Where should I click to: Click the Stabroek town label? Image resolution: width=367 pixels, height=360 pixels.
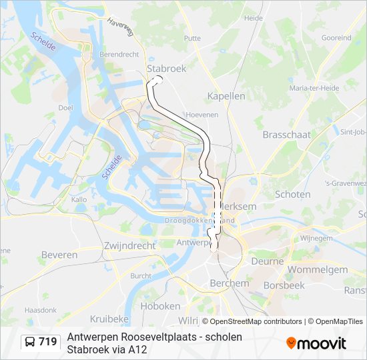pos(166,68)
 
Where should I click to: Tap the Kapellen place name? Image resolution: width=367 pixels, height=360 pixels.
pos(226,96)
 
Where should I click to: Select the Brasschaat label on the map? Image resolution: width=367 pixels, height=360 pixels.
pos(286,134)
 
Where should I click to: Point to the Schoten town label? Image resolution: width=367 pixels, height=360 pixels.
pos(292,195)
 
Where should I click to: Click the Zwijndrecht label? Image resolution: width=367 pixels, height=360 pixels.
pos(129,245)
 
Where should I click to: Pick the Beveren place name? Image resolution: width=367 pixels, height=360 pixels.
pos(59,255)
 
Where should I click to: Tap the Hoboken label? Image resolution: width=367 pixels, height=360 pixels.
pos(161,306)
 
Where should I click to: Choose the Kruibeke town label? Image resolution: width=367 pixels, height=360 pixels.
pos(109,319)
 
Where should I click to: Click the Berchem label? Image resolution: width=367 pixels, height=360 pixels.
pos(229,283)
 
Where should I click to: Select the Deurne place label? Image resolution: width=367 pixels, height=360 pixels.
pos(267,261)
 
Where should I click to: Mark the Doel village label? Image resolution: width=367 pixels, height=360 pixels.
pos(65,107)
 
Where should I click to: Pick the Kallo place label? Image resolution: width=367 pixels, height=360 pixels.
pos(79,199)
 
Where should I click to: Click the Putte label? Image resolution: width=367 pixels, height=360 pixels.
pos(192,38)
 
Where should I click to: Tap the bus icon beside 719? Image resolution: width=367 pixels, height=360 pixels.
pos(30,342)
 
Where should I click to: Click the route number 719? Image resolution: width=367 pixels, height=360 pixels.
pos(48,342)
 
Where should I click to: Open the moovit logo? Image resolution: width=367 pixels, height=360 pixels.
pos(316,343)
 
